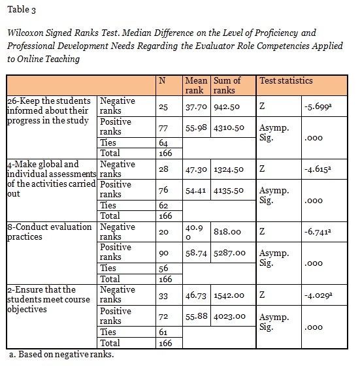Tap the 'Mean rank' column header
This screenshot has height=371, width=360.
click(197, 86)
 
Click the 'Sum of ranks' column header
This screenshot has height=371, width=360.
click(227, 86)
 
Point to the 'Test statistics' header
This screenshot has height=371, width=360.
click(286, 81)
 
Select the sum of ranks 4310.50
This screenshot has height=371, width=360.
click(230, 127)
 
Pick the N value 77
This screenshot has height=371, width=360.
click(164, 127)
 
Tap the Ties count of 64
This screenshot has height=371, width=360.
click(164, 143)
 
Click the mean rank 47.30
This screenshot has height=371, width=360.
click(197, 169)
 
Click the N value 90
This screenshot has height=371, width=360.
click(164, 253)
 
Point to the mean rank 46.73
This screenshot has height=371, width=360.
click(197, 295)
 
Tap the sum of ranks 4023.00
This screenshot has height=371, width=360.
click(230, 315)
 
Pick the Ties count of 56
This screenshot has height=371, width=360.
click(164, 268)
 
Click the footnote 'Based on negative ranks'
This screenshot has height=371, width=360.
click(63, 355)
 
